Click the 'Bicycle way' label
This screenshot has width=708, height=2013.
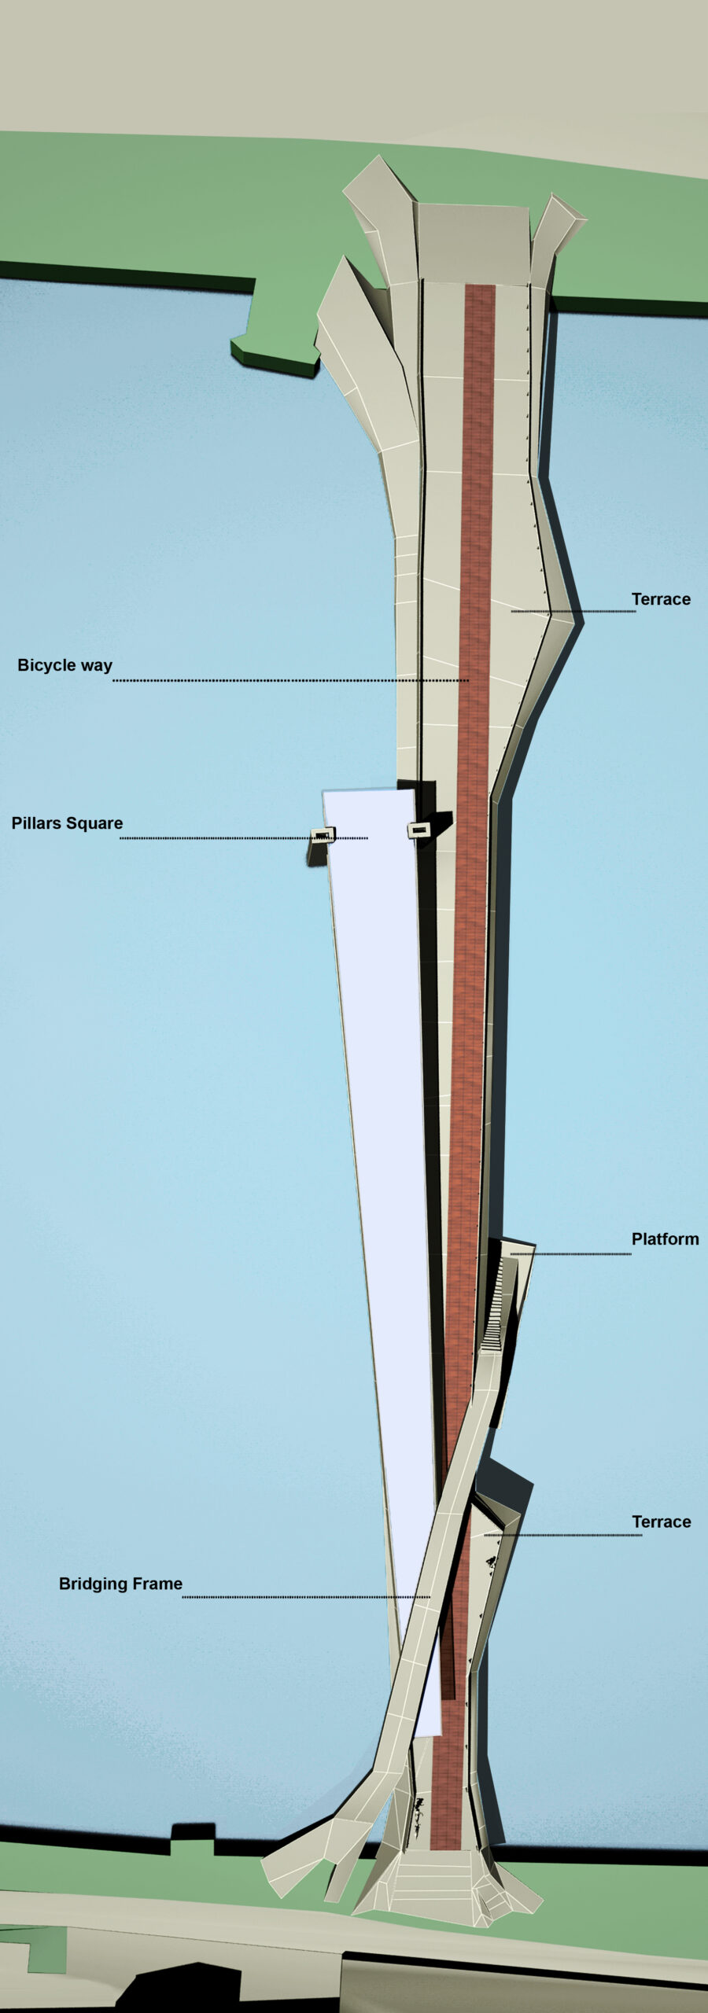[65, 665]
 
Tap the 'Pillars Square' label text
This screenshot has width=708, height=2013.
[67, 823]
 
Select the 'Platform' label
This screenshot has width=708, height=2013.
[665, 1239]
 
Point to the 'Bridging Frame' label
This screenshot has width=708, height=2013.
[120, 1584]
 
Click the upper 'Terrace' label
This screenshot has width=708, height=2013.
[661, 599]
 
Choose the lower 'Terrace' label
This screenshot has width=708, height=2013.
[661, 1522]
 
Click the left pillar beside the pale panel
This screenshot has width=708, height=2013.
[322, 835]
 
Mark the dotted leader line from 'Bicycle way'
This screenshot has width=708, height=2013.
[291, 680]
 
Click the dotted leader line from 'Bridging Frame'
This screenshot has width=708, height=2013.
[307, 1597]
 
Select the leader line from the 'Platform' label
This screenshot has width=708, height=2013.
[570, 1253]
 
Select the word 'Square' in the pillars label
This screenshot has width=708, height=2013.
[94, 823]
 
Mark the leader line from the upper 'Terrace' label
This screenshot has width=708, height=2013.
[573, 611]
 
